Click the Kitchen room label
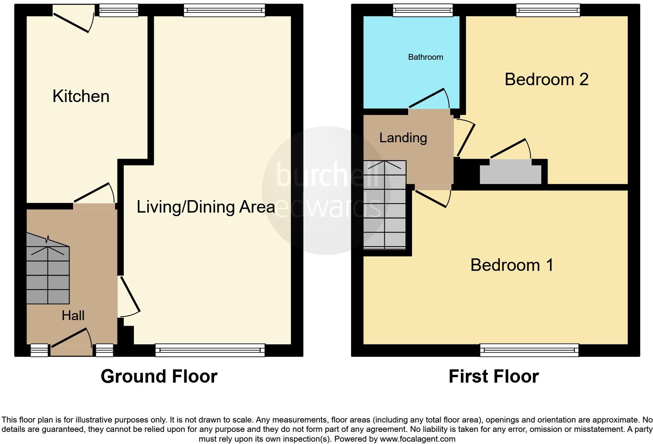[x=81, y=97]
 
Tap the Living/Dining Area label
[x=206, y=207]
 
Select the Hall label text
[x=73, y=315]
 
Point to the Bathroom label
[x=425, y=57]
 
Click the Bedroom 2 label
[x=546, y=79]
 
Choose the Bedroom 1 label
[x=512, y=265]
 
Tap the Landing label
[x=403, y=138]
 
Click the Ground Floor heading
[x=159, y=376]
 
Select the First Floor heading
[x=494, y=376]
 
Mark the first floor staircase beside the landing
[x=385, y=205]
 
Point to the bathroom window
[x=423, y=10]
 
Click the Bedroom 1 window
[x=529, y=350]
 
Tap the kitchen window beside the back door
[x=119, y=10]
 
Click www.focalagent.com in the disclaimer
[x=417, y=439]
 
